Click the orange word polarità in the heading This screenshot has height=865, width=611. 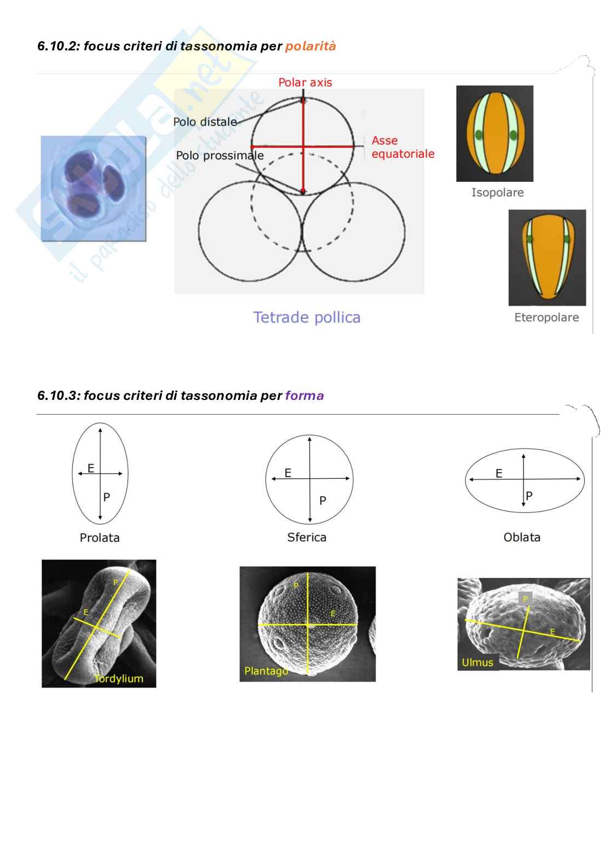point(310,47)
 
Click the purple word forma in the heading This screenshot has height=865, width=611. point(304,396)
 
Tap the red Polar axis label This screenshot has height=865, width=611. point(305,83)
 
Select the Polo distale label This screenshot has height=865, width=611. point(205,122)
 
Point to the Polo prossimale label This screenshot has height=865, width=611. point(220,156)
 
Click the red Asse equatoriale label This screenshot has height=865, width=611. point(402,147)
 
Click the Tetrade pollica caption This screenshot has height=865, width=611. point(307,317)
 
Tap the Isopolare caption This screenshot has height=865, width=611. point(497,193)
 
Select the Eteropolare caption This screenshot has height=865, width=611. point(546,318)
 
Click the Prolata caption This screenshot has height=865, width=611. point(100,538)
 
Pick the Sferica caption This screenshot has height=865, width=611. point(307,537)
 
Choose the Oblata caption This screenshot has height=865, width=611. point(522,537)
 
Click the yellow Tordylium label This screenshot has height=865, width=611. point(119,679)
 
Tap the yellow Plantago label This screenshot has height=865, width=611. point(266,671)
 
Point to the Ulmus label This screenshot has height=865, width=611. point(477,663)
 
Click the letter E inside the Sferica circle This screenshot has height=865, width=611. point(288,473)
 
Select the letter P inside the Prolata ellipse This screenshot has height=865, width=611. point(107,497)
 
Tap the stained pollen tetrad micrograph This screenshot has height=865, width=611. point(94,189)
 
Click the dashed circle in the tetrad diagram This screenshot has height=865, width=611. point(252,203)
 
